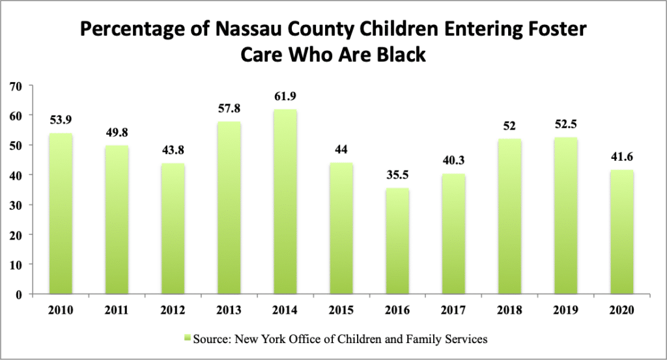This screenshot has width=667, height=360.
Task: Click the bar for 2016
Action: pyautogui.click(x=397, y=241)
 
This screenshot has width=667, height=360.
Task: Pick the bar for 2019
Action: pyautogui.click(x=565, y=215)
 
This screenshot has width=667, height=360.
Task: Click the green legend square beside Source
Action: pyautogui.click(x=187, y=339)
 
